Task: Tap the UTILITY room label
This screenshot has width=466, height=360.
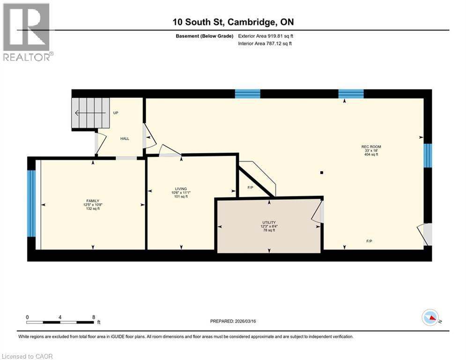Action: (x=269, y=223)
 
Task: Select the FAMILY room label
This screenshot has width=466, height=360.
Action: (x=92, y=201)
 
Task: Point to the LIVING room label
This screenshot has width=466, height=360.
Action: (x=181, y=189)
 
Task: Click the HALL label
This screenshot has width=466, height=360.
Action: (x=125, y=138)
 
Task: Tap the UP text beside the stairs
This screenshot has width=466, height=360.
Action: (x=116, y=113)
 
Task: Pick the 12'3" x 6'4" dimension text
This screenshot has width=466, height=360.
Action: (x=269, y=226)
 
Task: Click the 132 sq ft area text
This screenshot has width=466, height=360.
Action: (x=92, y=209)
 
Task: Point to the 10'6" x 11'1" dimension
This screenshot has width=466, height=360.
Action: (x=181, y=193)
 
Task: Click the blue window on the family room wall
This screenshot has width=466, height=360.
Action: (x=31, y=203)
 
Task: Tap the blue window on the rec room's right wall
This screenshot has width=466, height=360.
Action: (x=427, y=155)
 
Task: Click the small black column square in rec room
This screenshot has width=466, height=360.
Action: (x=322, y=172)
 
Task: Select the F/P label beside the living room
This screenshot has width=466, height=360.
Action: (x=250, y=188)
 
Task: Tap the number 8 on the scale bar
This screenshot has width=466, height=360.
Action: (x=94, y=317)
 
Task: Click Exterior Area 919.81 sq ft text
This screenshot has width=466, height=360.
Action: (x=266, y=36)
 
